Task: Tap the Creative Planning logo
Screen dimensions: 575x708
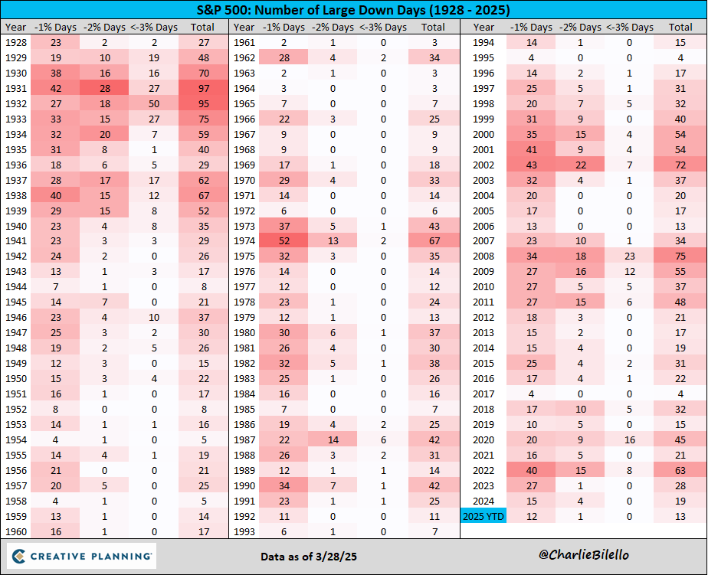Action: [82, 555]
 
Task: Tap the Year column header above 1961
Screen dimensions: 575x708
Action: [244, 28]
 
